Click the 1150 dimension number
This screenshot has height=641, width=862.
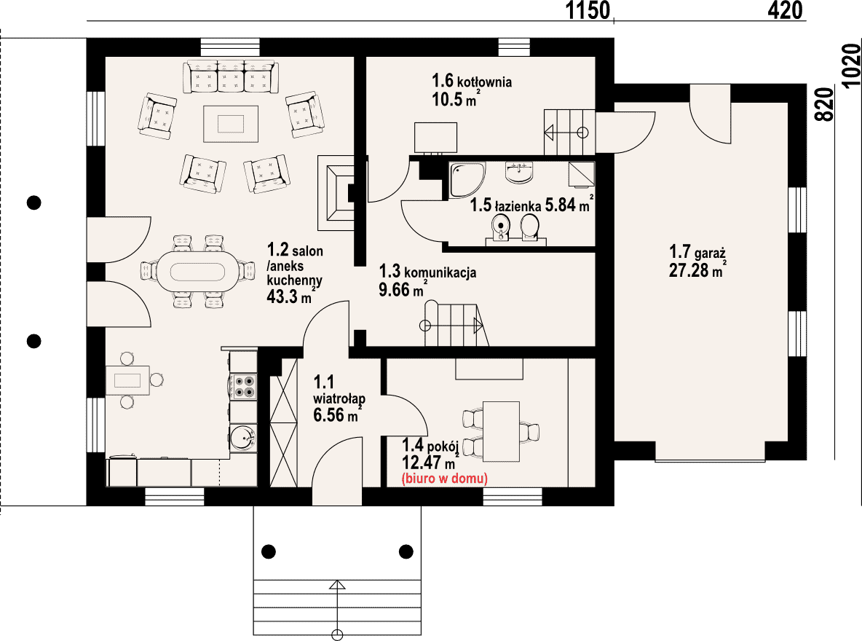click(588, 10)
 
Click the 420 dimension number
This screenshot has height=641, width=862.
click(785, 10)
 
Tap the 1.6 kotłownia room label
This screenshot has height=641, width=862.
click(472, 81)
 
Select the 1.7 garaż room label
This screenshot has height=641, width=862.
click(697, 252)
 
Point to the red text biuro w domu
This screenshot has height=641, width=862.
click(445, 478)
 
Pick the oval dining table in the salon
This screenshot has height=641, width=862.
click(198, 272)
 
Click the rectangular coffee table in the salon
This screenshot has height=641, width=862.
click(230, 124)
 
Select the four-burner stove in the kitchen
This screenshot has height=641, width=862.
click(243, 386)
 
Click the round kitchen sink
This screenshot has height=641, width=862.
click(242, 438)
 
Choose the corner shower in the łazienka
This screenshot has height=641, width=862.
click(467, 180)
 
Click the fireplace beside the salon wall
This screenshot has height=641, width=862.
click(336, 192)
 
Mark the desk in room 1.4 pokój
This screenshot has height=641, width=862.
click(501, 431)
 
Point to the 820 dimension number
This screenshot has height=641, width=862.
click(824, 104)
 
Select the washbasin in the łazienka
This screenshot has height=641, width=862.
click(519, 172)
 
